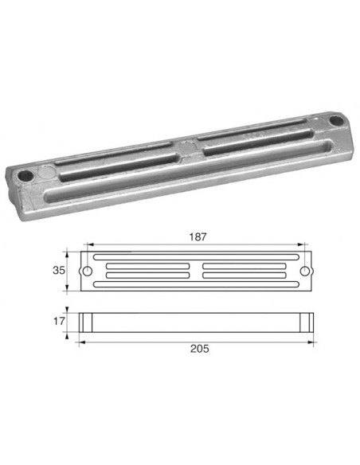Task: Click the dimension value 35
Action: (x=59, y=270)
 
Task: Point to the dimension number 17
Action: (x=59, y=322)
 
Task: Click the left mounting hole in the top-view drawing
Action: (x=87, y=271)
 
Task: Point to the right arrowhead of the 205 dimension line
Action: (x=314, y=338)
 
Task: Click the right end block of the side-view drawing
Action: (x=307, y=322)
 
